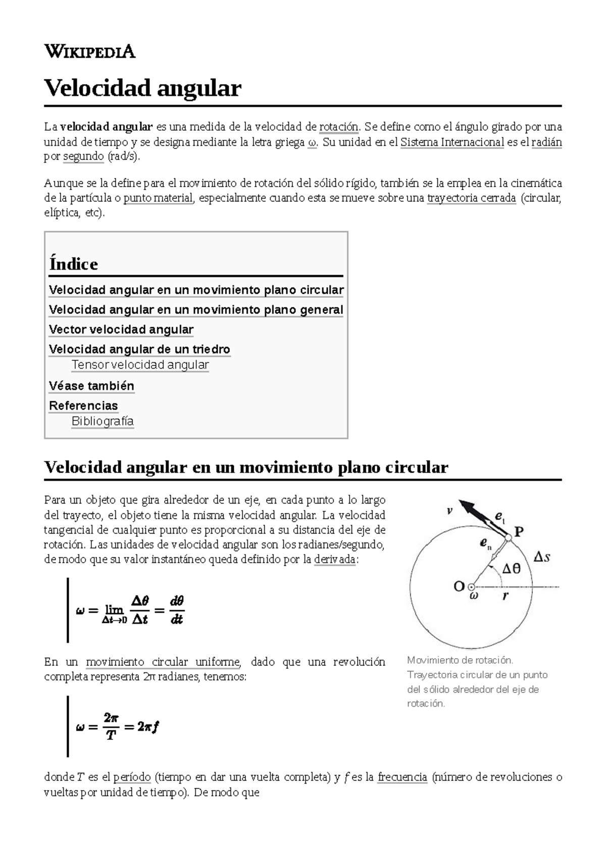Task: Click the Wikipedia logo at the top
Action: pos(90,51)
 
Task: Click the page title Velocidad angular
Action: pos(143,88)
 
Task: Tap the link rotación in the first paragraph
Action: pos(339,126)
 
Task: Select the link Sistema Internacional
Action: pos(452,142)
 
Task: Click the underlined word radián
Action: pos(548,142)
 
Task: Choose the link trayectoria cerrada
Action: pos(471,198)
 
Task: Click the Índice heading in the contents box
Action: pos(74,264)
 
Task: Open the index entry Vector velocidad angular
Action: pos(121,330)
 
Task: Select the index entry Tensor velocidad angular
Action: pos(140,365)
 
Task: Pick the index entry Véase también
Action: pos(91,386)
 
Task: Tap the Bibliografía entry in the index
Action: pos(103,421)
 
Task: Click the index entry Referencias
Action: pos(83,406)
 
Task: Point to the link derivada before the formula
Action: pos(334,560)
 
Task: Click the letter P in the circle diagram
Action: pos(519,531)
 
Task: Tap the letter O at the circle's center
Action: pos(459,586)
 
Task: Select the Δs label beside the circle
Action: pos(542,557)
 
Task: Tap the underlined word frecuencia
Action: pos(402,777)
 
